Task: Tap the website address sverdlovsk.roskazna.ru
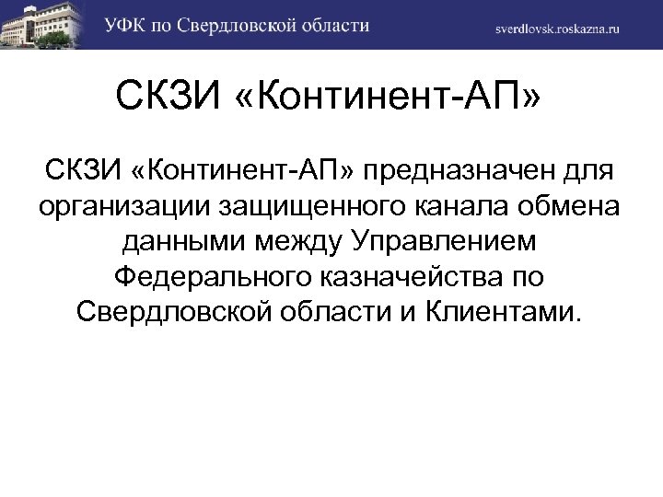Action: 557,29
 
